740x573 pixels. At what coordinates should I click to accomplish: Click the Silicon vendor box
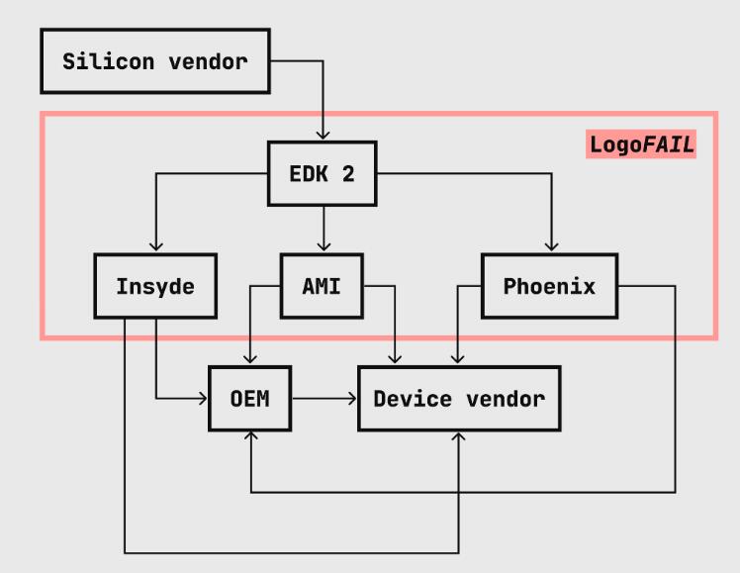point(154,61)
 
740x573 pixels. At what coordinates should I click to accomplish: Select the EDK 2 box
point(322,174)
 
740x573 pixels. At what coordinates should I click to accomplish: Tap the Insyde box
point(155,287)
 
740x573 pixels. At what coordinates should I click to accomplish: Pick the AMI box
point(322,287)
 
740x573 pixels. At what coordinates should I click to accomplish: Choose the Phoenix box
point(549,287)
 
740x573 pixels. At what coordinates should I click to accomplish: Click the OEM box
point(250,399)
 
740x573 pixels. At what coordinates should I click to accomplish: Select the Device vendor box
point(459,399)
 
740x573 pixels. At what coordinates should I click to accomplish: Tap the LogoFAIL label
point(641,144)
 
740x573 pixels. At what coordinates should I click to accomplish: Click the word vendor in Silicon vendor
point(208,61)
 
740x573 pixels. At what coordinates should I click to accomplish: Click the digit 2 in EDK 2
point(347,174)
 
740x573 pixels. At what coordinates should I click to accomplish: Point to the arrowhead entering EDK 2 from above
point(323,135)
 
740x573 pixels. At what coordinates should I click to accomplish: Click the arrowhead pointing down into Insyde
point(155,247)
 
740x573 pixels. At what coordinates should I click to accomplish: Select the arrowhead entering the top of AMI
point(323,247)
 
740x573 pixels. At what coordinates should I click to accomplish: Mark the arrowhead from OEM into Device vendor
point(352,399)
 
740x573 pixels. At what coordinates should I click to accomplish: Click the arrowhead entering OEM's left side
point(204,399)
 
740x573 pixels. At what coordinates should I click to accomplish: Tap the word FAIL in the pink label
point(668,144)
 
